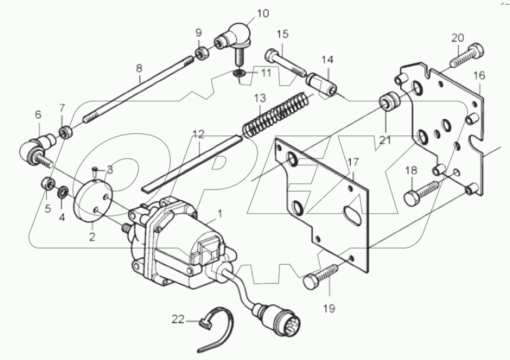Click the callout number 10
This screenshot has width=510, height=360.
pyautogui.click(x=263, y=13)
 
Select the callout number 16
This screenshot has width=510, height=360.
pyautogui.click(x=479, y=76)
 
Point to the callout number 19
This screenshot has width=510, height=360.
pyautogui.click(x=329, y=308)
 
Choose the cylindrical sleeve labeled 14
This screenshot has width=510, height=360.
pyautogui.click(x=322, y=83)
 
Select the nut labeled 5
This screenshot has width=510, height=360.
pyautogui.click(x=48, y=184)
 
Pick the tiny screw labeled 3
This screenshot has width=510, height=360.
pyautogui.click(x=95, y=169)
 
